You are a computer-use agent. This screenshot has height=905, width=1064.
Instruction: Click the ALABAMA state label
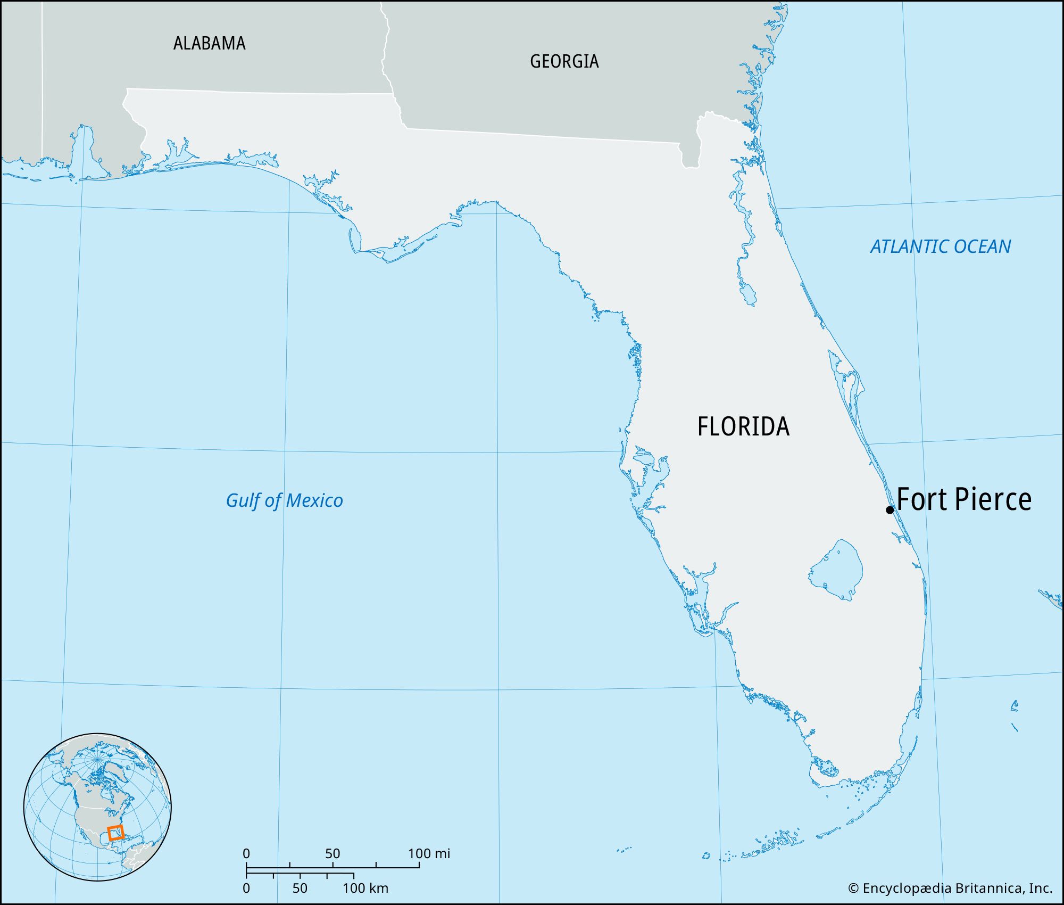209,43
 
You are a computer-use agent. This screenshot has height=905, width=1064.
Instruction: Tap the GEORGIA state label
564,61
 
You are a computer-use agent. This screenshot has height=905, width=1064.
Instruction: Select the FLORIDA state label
743,426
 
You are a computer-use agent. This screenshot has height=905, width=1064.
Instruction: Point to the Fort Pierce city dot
890,509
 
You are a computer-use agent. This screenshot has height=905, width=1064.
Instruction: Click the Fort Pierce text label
964,499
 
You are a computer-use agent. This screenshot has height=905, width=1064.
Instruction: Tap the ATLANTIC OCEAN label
940,246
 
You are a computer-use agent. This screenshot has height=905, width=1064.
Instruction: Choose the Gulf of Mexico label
284,500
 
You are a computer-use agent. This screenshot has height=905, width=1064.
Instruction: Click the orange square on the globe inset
115,833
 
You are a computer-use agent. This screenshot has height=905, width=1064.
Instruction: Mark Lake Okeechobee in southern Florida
836,570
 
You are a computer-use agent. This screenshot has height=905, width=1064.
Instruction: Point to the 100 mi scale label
429,854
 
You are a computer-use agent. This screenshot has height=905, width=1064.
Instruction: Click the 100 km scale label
365,888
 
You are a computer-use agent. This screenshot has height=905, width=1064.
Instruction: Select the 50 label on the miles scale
332,854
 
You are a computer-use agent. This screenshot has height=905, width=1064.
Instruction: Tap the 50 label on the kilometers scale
300,888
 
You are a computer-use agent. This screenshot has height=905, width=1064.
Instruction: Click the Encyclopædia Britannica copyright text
950,888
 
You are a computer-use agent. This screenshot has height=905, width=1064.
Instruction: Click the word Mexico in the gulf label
314,500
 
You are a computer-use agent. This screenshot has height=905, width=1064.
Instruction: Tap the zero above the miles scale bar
246,854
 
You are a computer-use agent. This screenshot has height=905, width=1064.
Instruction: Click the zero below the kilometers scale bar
246,888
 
